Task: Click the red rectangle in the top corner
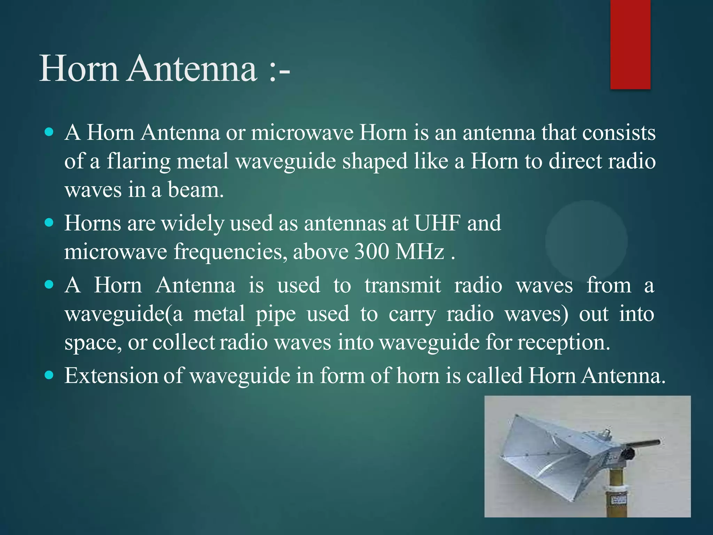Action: [630, 44]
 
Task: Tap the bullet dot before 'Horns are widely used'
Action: [49, 223]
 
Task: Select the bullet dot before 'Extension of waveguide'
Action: [49, 375]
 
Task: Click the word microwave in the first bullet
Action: [302, 133]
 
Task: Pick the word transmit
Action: [402, 286]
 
